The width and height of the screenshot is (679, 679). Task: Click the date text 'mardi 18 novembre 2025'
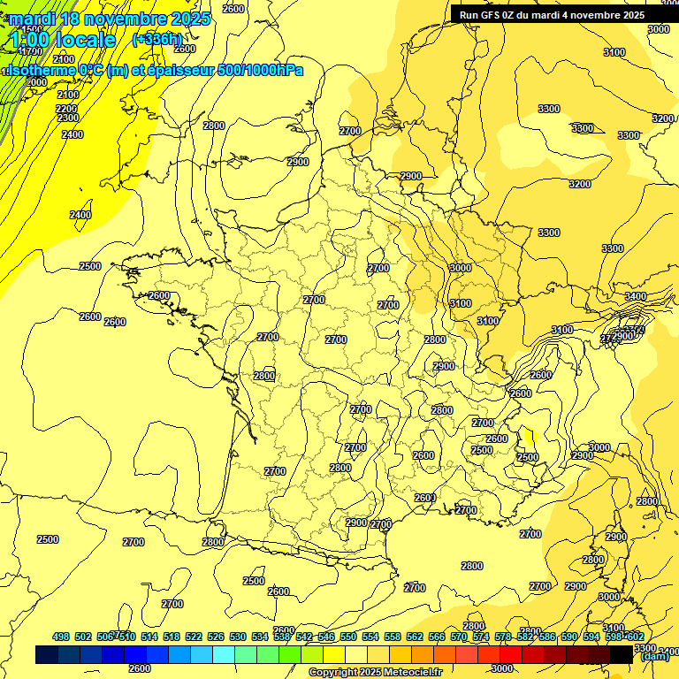click(x=110, y=19)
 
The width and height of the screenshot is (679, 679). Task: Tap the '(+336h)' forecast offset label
click(x=157, y=39)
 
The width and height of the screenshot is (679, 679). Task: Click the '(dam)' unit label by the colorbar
click(x=654, y=656)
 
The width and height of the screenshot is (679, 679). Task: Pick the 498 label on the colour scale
click(x=61, y=637)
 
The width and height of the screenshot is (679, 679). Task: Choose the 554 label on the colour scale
click(x=370, y=637)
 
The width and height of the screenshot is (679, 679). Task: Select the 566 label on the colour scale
click(x=437, y=637)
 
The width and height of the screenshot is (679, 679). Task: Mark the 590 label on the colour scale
click(x=568, y=637)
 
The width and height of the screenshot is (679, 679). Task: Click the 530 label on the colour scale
click(x=238, y=637)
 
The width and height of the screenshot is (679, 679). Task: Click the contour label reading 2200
click(x=66, y=109)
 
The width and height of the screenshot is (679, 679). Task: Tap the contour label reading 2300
click(x=68, y=118)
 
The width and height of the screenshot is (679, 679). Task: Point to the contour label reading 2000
click(x=36, y=82)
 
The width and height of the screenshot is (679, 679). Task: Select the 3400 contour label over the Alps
click(x=635, y=296)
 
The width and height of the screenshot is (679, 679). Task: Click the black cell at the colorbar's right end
click(x=622, y=655)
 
